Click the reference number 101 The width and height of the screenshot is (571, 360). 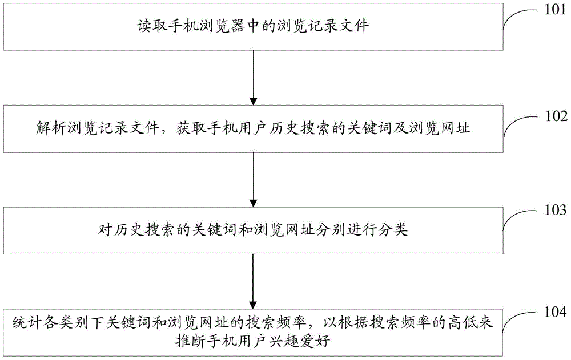point(556,9)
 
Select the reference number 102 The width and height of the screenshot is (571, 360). point(556,116)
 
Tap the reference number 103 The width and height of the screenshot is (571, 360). point(556,210)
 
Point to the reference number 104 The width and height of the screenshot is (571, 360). point(556,312)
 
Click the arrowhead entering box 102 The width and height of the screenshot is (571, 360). point(254,101)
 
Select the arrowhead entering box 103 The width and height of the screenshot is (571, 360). point(254,203)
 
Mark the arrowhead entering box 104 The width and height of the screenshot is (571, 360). point(254,305)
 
